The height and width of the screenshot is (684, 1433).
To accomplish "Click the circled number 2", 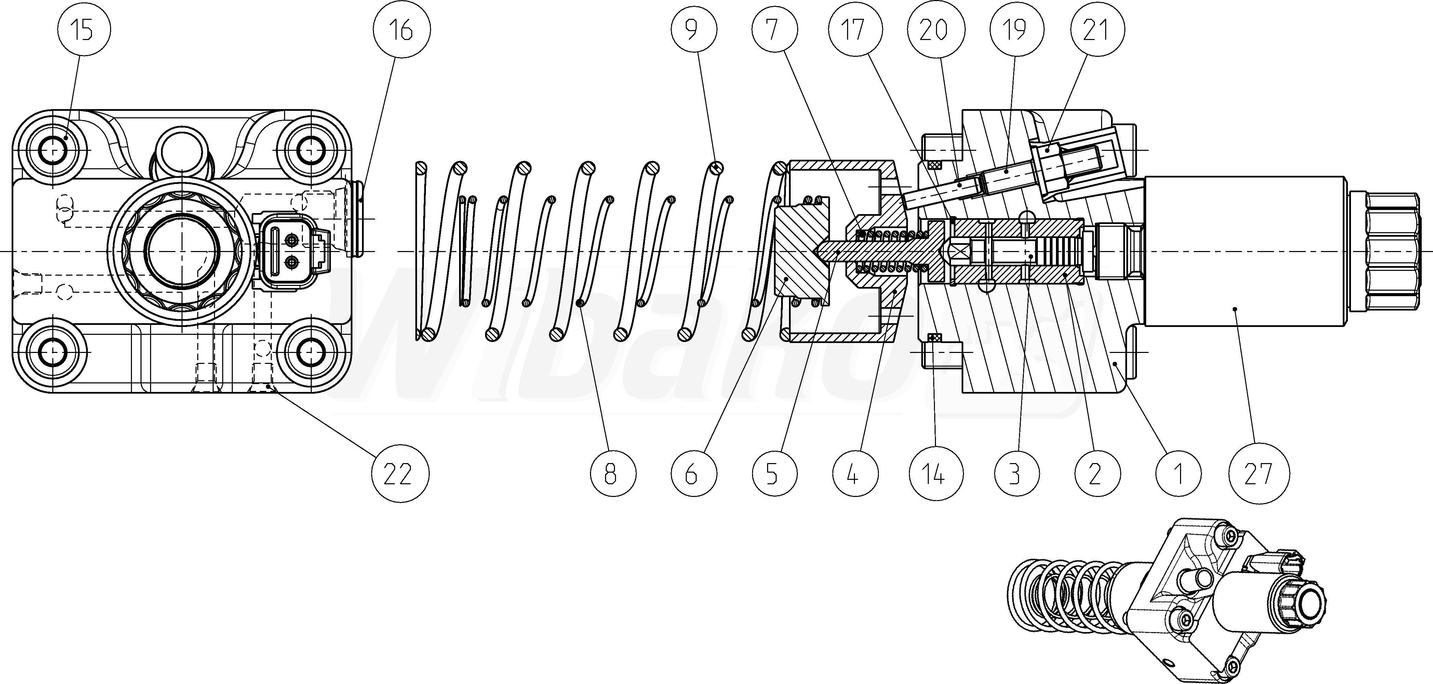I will [1096, 474].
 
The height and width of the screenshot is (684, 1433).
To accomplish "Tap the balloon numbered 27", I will [1258, 474].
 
